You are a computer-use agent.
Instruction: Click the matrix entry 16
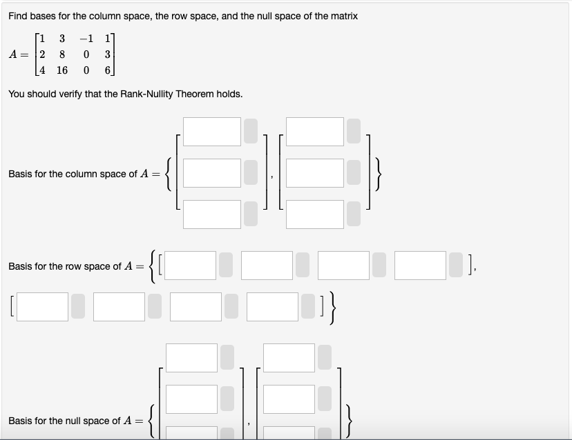point(62,70)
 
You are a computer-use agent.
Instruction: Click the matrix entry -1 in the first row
point(85,38)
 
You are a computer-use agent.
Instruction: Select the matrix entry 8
point(62,54)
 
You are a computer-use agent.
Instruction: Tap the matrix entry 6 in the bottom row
point(107,70)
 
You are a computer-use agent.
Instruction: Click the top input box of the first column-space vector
point(211,132)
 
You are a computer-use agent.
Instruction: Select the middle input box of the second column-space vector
point(315,173)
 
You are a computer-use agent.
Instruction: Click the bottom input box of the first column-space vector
point(211,214)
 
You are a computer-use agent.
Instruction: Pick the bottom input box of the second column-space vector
point(315,214)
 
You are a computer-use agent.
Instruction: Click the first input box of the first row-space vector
point(190,266)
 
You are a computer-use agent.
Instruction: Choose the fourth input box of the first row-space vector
point(420,266)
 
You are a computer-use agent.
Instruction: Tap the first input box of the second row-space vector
point(42,307)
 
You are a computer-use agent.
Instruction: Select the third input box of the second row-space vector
point(196,307)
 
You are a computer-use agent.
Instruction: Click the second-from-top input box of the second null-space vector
point(289,399)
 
